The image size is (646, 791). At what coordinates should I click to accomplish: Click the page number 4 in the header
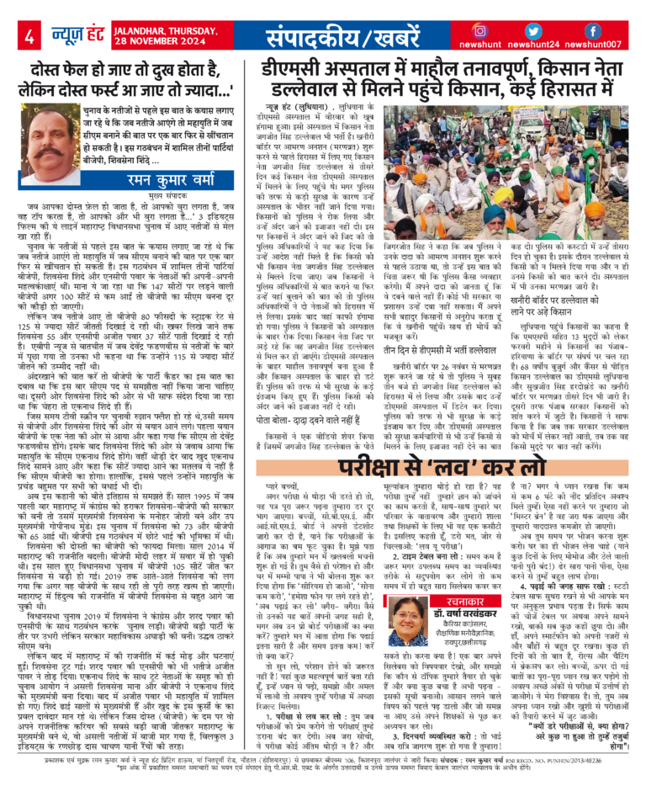click(x=29, y=37)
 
